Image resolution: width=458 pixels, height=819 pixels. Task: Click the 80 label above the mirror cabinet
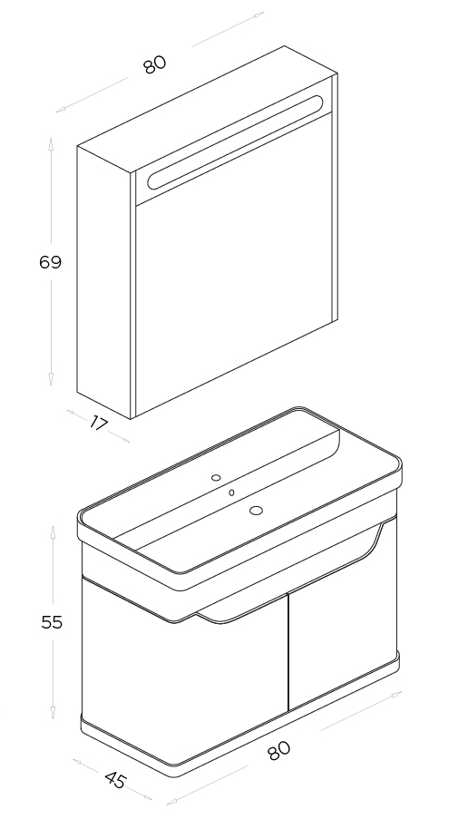(154, 64)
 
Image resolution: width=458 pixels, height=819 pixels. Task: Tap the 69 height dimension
(51, 262)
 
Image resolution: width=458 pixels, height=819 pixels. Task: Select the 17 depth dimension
(98, 423)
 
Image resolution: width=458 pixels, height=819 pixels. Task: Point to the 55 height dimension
(52, 622)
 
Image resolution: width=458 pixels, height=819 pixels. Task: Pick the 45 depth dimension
(115, 780)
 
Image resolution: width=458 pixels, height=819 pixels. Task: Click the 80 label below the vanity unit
(278, 751)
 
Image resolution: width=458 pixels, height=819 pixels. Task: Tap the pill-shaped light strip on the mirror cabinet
(235, 142)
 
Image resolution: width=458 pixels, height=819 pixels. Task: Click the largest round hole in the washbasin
(256, 511)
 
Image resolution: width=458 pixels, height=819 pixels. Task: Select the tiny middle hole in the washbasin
(231, 492)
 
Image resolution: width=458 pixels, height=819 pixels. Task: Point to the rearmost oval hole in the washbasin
(216, 477)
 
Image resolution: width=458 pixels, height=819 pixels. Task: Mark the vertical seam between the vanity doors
(288, 653)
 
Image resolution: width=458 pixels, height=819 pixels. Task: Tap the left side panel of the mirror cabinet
(103, 282)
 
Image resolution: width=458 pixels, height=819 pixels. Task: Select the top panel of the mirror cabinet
(208, 109)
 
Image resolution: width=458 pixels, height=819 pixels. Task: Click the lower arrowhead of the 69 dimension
(51, 380)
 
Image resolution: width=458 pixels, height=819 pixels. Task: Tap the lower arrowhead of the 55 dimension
(53, 713)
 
